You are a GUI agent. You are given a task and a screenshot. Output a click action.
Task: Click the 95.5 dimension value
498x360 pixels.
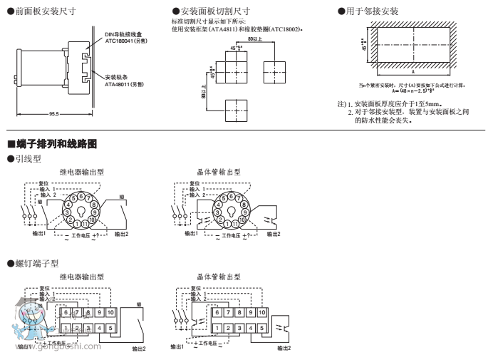click(x=54, y=114)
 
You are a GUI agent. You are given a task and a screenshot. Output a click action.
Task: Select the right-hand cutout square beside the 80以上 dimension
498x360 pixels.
click(x=274, y=72)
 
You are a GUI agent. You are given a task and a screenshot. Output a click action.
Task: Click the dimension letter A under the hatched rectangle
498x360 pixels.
click(x=413, y=72)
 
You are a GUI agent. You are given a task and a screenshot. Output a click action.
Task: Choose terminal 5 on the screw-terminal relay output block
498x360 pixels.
click(x=112, y=328)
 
